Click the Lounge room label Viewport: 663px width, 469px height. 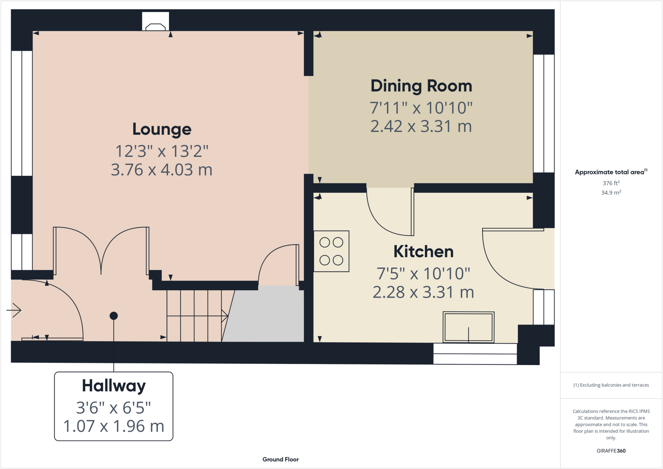point(162,129)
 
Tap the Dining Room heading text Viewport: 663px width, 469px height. point(421,86)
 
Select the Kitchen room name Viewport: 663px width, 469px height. point(423,251)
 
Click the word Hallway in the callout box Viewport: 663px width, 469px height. point(114,386)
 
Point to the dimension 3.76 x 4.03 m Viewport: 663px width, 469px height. point(162,170)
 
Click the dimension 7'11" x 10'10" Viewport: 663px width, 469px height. point(421,108)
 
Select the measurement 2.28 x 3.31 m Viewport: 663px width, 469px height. point(423,292)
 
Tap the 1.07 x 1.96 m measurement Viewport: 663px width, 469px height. point(114,426)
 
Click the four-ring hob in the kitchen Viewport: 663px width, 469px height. point(331,251)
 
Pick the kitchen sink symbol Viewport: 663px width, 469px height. point(468,327)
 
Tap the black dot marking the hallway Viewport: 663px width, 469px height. point(114,316)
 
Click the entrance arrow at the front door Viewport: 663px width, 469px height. point(14,310)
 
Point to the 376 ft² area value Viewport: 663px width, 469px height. point(611,183)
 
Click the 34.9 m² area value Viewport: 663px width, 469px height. point(611,193)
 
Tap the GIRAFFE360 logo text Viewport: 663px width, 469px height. point(611,451)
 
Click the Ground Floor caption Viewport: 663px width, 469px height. point(280,459)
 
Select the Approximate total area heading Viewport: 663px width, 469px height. point(610,172)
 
